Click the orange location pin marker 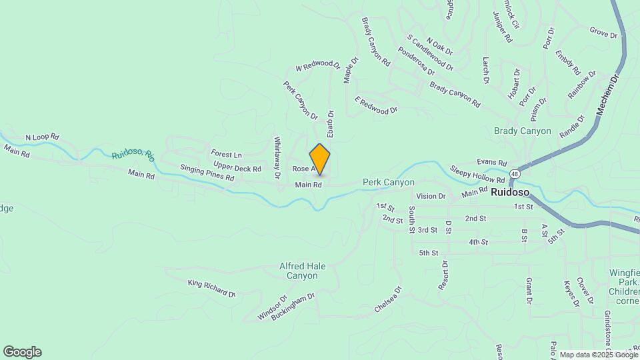pos(320,159)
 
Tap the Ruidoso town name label pos(510,193)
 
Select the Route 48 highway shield pos(513,174)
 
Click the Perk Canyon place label pos(389,182)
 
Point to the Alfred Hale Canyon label pos(302,271)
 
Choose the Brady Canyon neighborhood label pos(523,131)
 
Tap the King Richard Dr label pos(212,289)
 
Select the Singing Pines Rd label pos(207,173)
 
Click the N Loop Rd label pos(42,137)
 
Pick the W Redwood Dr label pos(317,65)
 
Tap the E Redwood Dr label pos(376,105)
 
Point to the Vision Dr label pos(431,196)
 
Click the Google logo pos(22,352)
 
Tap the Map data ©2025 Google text pos(599,355)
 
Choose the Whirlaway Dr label pos(277,159)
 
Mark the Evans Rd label pos(492,163)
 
